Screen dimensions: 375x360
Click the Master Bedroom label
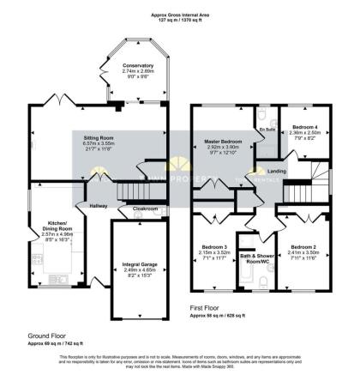[x=222, y=140]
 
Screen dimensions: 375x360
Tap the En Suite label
[x=267, y=129]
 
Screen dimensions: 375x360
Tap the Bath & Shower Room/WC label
[x=255, y=257]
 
